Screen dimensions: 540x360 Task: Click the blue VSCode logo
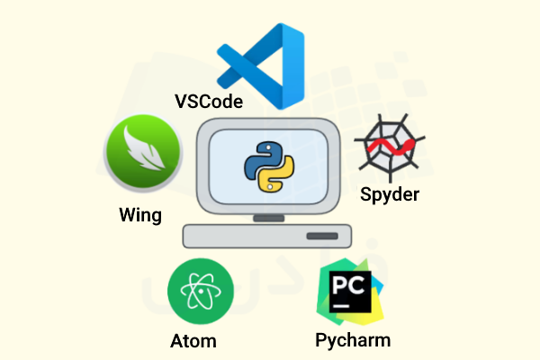(261, 66)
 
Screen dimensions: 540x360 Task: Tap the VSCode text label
(209, 102)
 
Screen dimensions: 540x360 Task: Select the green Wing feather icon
(143, 152)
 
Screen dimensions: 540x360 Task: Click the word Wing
(140, 215)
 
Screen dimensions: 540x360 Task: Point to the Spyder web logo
(390, 148)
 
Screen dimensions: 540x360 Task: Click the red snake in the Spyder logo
(391, 147)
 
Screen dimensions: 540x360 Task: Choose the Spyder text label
(390, 194)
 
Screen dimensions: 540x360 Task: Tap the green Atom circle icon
(201, 292)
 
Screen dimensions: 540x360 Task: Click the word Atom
(193, 341)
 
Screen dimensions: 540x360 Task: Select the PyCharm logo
(350, 292)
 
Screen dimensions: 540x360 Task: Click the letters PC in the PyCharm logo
(348, 285)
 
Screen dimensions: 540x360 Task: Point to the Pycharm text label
(353, 341)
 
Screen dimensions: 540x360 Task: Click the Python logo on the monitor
(269, 166)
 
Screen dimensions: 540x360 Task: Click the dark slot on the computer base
(322, 236)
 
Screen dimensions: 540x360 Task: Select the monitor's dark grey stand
(268, 218)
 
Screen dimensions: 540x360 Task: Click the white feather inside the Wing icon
(143, 148)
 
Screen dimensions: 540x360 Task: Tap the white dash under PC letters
(341, 306)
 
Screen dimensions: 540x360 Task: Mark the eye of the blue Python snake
(268, 148)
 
